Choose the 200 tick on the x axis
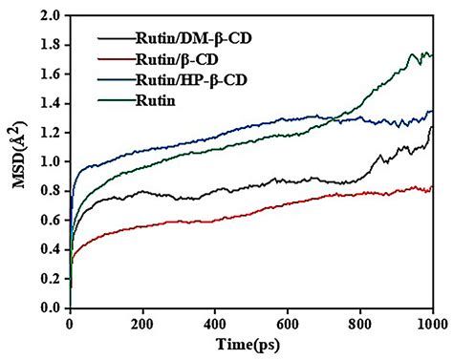(142, 323)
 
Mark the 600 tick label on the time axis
(288, 323)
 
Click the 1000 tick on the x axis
(432, 323)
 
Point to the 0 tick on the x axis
(70, 323)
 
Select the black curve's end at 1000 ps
(432, 128)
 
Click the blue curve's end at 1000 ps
(432, 113)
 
